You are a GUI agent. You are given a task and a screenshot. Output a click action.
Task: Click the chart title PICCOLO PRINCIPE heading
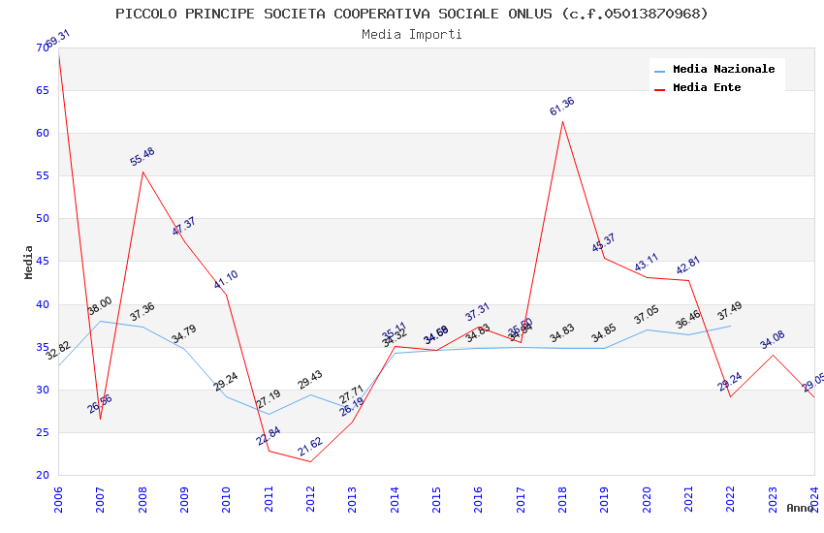pos(412,14)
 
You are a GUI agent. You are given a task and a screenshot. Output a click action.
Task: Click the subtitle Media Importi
pos(412,35)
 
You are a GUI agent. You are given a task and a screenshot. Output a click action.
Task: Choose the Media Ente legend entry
pos(707,87)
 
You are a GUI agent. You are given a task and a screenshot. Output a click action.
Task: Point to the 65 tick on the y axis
pos(42,90)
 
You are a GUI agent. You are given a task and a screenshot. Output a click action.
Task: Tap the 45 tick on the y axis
pos(42,262)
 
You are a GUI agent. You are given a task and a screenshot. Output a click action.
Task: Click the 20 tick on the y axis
pos(42,475)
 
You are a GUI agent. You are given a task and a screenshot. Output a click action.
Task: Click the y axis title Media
pos(29,262)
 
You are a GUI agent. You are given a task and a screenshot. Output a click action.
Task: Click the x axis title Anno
pos(800,508)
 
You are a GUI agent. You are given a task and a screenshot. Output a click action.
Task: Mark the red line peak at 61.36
pos(562,121)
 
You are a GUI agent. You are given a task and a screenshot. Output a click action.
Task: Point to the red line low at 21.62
pos(310,461)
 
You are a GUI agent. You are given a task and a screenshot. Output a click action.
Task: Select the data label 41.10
pos(226,280)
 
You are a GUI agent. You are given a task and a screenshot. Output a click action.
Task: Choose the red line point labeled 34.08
pos(773,355)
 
